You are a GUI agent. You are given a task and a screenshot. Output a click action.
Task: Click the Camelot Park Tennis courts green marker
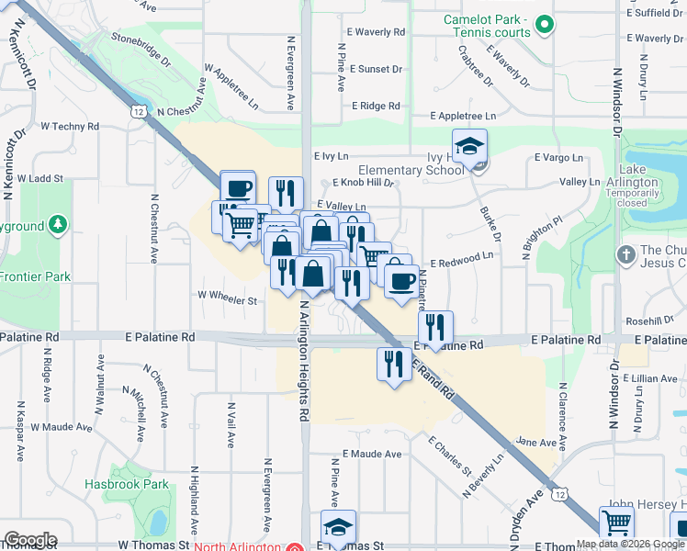coord(545,26)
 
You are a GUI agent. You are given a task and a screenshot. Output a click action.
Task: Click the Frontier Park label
coord(35,275)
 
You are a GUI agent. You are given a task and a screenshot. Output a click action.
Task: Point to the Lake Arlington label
coord(638,176)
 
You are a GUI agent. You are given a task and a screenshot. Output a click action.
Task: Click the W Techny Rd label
coord(70,127)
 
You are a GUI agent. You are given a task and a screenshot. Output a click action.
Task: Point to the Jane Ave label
coord(537,442)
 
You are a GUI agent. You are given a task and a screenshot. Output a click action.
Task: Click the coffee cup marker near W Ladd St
coord(238,187)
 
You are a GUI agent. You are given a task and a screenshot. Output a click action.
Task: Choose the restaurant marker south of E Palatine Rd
coord(393,363)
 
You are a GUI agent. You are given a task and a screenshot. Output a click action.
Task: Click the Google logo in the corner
coord(29,540)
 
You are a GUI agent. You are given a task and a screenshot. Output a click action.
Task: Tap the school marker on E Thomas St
coord(338,527)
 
